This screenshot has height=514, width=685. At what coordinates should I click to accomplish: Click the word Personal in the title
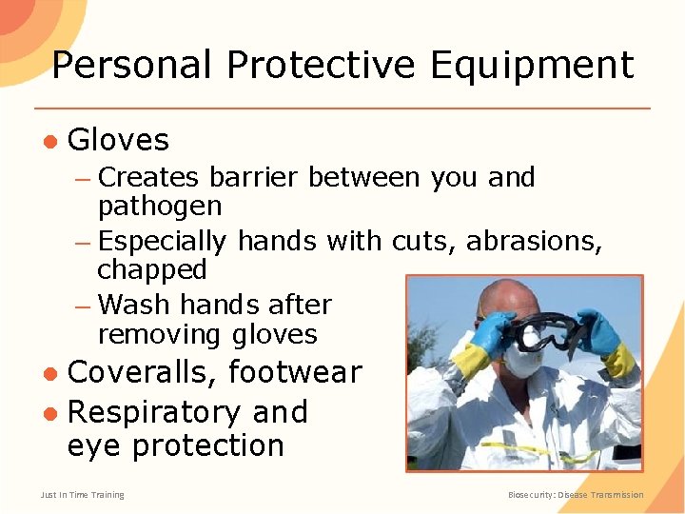[130, 65]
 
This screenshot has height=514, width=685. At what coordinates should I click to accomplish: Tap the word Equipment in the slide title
[531, 65]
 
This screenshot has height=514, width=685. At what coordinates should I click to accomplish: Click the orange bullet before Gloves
[49, 142]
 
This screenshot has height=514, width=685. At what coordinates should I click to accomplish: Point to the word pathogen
[159, 207]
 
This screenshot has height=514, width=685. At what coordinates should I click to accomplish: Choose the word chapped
[151, 270]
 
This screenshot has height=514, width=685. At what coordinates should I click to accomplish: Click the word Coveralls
[142, 372]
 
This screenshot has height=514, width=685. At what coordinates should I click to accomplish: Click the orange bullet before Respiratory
[49, 413]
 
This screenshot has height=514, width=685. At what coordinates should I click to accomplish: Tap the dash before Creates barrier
[83, 179]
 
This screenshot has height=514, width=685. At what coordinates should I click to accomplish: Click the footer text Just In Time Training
[82, 495]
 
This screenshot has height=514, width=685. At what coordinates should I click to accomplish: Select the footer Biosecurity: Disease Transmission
[576, 495]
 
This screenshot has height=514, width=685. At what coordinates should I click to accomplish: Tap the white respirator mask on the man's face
[523, 360]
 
